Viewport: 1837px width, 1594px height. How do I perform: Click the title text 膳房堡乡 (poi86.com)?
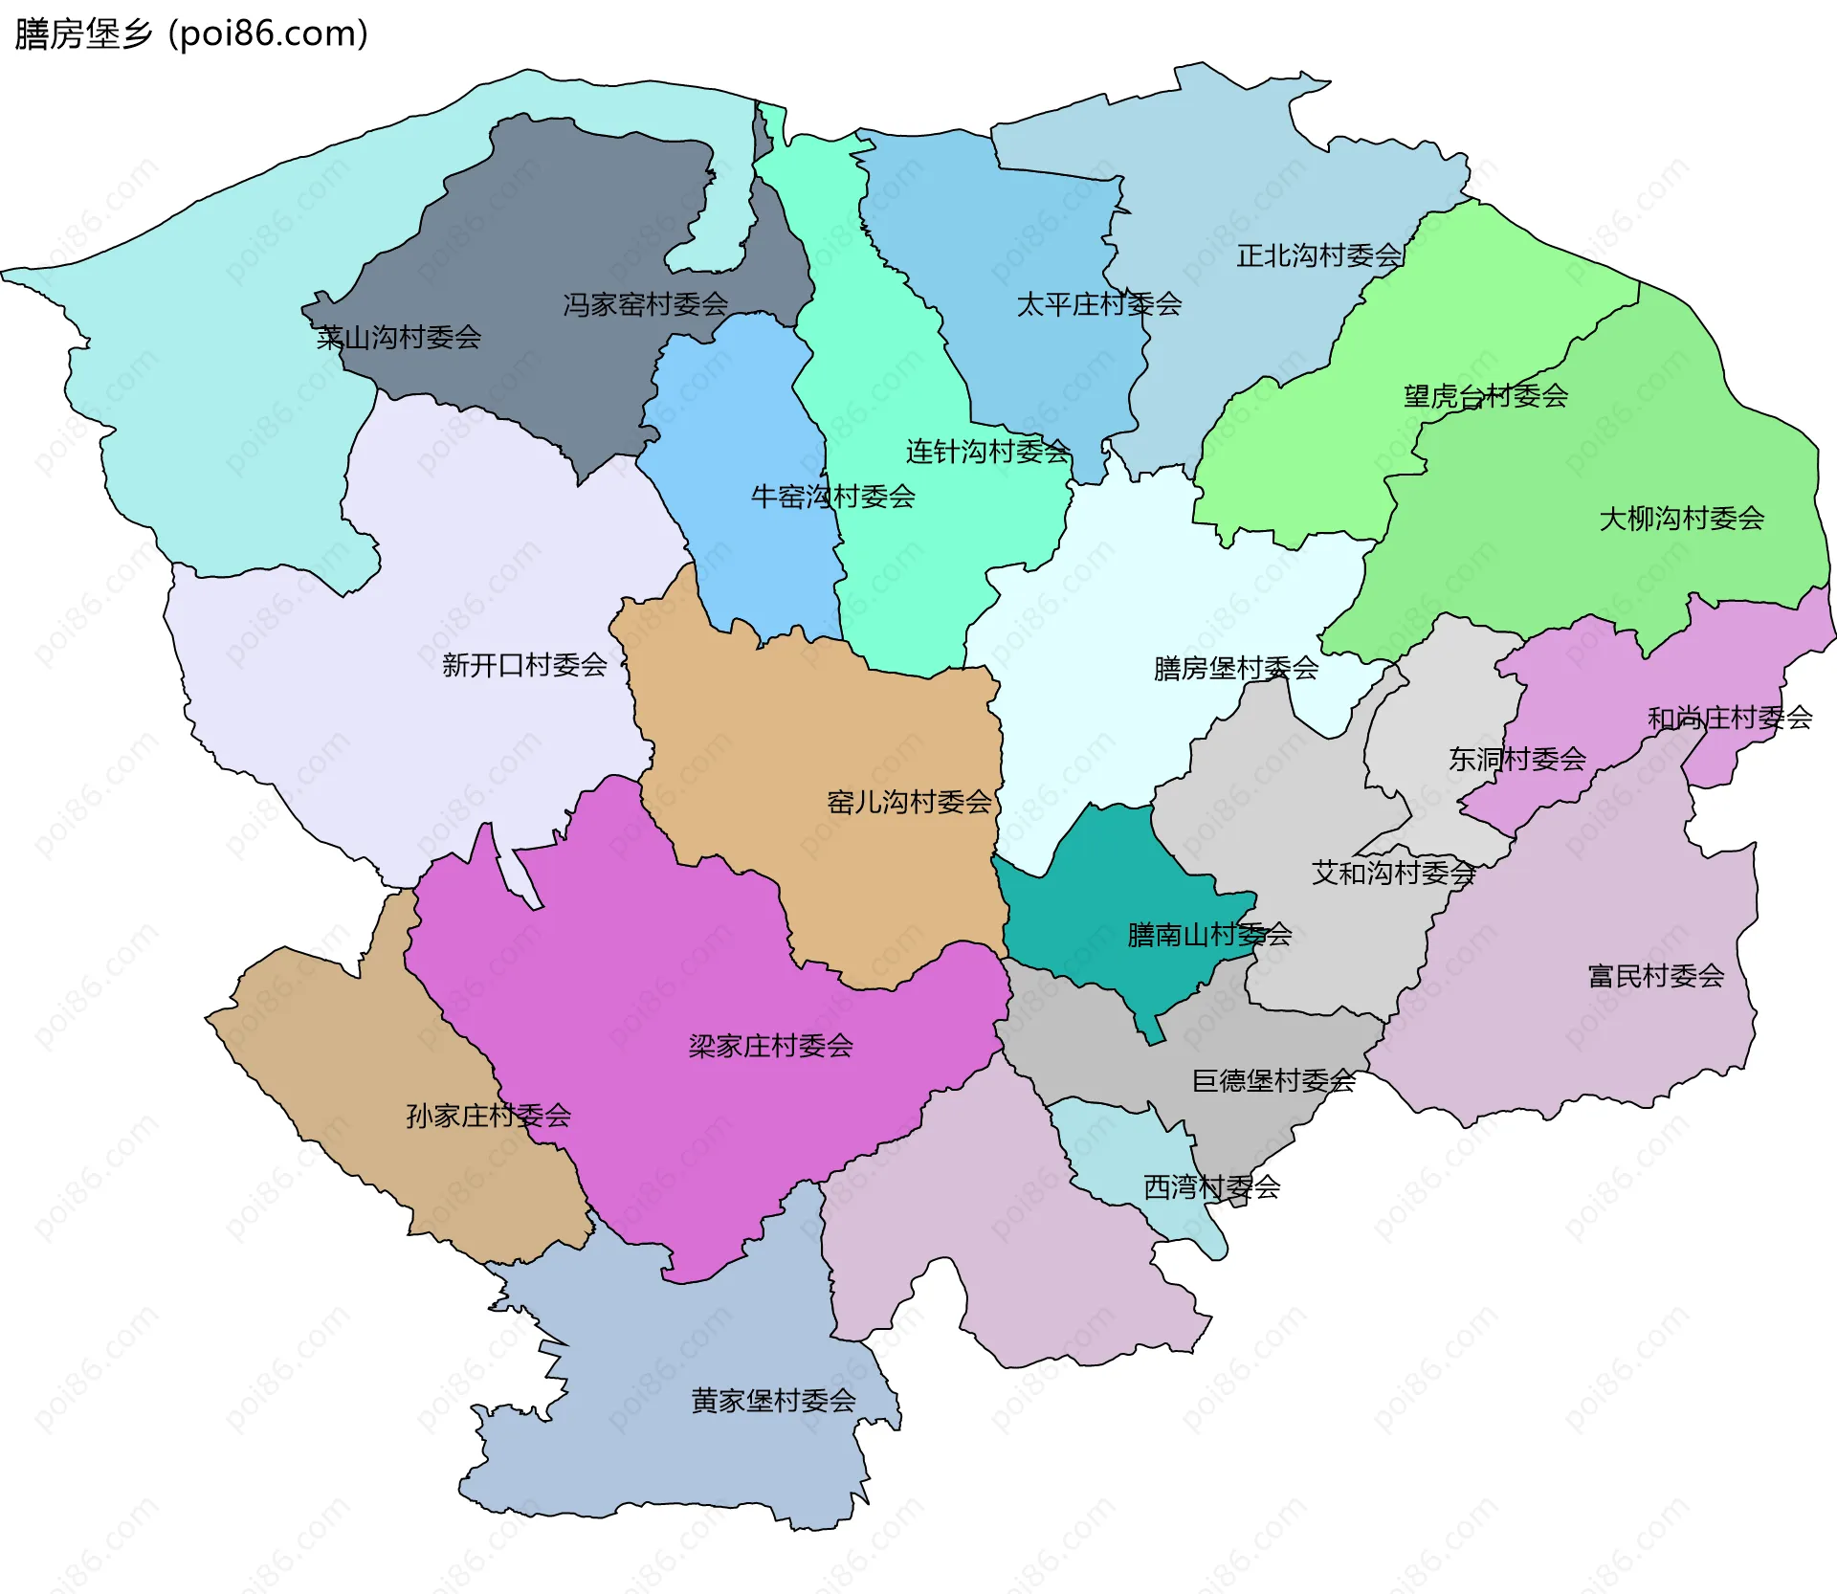pyautogui.click(x=191, y=34)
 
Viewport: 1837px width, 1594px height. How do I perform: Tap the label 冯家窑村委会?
pyautogui.click(x=645, y=305)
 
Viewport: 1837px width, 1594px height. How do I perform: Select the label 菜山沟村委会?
pyautogui.click(x=399, y=338)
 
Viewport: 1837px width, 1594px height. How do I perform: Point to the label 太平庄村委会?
pyautogui.click(x=1098, y=305)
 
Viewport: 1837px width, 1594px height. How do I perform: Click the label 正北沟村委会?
pyautogui.click(x=1318, y=256)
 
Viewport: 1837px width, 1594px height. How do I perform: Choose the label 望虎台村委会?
pyautogui.click(x=1485, y=396)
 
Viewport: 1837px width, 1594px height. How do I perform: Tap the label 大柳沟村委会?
pyautogui.click(x=1681, y=520)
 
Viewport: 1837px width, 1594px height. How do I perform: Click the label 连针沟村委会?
pyautogui.click(x=987, y=452)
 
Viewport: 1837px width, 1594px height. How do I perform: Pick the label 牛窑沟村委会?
pyautogui.click(x=832, y=497)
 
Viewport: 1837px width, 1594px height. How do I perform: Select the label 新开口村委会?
pyautogui.click(x=524, y=665)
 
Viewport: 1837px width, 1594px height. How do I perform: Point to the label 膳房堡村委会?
pyautogui.click(x=1235, y=669)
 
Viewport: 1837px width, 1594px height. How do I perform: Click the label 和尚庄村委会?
pyautogui.click(x=1729, y=718)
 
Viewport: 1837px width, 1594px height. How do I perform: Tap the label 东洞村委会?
pyautogui.click(x=1516, y=760)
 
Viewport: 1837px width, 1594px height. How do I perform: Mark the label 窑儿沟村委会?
pyautogui.click(x=909, y=802)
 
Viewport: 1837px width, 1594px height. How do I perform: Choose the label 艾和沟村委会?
pyautogui.click(x=1393, y=873)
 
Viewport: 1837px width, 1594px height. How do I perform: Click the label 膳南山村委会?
pyautogui.click(x=1209, y=935)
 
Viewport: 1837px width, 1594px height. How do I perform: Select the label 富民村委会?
pyautogui.click(x=1655, y=976)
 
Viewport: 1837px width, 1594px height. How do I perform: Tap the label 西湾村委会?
pyautogui.click(x=1211, y=1187)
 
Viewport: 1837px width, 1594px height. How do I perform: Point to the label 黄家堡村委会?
pyautogui.click(x=773, y=1401)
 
